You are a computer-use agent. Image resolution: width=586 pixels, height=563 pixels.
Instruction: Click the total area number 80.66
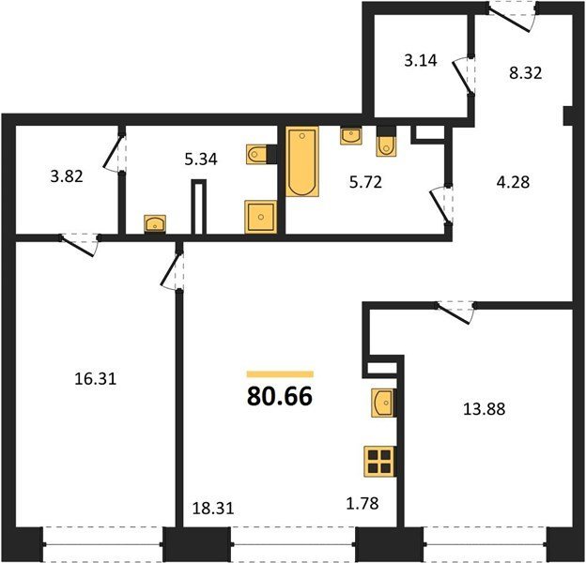(280, 396)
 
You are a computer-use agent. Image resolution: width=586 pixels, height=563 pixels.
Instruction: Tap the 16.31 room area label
(96, 379)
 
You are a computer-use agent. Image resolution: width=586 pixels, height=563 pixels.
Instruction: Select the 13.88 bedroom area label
(485, 409)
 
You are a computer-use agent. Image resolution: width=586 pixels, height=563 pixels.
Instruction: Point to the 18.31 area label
(213, 509)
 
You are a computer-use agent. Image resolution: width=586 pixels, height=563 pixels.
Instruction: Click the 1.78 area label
(362, 503)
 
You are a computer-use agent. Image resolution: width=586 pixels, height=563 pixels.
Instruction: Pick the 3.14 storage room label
(421, 60)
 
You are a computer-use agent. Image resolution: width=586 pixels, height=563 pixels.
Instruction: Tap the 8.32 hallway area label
(526, 73)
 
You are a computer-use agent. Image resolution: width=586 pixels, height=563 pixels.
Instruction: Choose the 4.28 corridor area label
(514, 183)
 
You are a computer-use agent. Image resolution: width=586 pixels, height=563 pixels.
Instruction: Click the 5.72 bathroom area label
(365, 182)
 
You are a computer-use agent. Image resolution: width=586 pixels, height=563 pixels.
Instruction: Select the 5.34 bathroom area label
(201, 160)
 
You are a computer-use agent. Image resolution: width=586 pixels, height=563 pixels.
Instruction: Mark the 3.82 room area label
(67, 176)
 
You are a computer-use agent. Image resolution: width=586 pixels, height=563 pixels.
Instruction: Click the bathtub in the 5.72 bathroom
(302, 161)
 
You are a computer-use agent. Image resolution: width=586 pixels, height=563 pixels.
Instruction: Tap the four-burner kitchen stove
(379, 462)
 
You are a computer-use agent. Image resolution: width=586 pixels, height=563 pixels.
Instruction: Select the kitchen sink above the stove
(382, 403)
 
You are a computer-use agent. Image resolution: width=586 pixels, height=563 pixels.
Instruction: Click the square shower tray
(260, 217)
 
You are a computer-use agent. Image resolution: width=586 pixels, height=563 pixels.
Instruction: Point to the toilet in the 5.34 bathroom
(256, 154)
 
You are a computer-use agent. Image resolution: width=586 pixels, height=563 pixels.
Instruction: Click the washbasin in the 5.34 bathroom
(155, 223)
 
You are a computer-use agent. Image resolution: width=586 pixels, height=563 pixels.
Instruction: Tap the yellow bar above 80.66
(280, 374)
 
